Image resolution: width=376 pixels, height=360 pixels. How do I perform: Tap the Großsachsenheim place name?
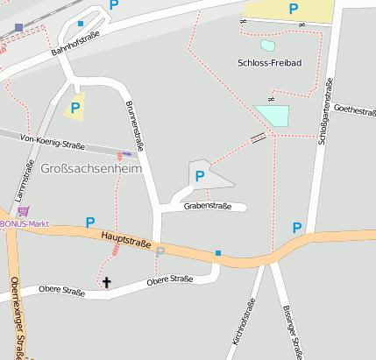point(90,168)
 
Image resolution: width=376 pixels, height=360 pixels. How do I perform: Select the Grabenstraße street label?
point(208,207)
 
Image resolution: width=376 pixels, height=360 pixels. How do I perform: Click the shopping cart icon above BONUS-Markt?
point(23,211)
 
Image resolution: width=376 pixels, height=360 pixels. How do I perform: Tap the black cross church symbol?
point(107,282)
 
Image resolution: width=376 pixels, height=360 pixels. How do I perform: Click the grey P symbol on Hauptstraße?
point(160,252)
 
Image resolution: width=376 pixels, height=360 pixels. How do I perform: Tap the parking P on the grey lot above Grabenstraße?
point(200,176)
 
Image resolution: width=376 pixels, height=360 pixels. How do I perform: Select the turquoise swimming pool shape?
point(272,116)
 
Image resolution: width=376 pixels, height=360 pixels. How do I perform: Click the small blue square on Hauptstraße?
point(218,253)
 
